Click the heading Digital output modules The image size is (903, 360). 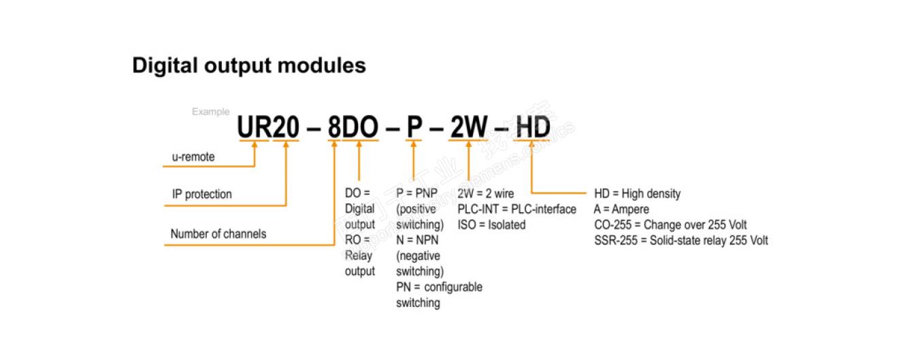click(248, 65)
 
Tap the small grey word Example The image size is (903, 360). click(210, 112)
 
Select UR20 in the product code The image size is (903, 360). click(268, 127)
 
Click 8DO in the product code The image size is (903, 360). click(352, 127)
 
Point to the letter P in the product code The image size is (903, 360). click(414, 127)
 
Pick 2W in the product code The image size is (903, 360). click(468, 127)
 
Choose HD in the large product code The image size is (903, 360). click(533, 127)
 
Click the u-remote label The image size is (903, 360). click(193, 157)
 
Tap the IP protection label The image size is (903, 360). click(201, 195)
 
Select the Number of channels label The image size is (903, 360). click(218, 234)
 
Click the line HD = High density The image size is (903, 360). click(637, 194)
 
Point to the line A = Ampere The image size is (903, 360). click(621, 209)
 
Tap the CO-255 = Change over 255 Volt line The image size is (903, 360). click(670, 225)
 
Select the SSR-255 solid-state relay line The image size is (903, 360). click(680, 240)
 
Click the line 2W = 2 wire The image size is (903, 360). click(486, 194)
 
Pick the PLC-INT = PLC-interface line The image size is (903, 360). click(516, 209)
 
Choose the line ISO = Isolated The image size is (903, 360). click(491, 225)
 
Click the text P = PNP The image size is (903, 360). click(416, 194)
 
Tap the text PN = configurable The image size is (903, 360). click(439, 287)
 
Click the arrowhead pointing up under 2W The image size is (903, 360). click(469, 146)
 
